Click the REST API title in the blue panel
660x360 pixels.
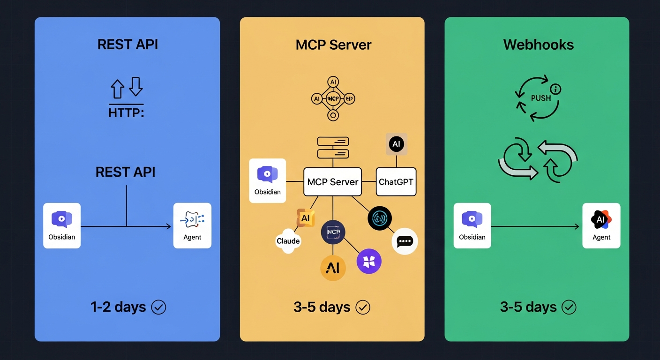[127, 45]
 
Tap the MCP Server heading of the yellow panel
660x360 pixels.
[333, 45]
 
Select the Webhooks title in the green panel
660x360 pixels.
[538, 45]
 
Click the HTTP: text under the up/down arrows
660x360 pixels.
[126, 113]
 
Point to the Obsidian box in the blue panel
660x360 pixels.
[62, 225]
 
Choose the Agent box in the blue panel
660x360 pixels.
[192, 225]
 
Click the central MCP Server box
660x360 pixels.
[333, 182]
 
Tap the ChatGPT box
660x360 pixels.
[396, 182]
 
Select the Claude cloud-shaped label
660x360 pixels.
[288, 241]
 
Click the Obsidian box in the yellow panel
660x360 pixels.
[267, 180]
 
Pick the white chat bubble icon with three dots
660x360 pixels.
[404, 241]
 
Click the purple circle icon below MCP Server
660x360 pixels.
[369, 262]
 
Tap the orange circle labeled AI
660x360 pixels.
[333, 268]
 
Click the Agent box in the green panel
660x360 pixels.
[601, 225]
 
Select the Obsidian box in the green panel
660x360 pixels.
[472, 225]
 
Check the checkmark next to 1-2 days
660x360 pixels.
[158, 307]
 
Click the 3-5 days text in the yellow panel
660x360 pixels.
[322, 307]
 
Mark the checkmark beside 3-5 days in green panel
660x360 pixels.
[569, 307]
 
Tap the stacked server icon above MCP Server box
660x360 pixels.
[333, 147]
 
